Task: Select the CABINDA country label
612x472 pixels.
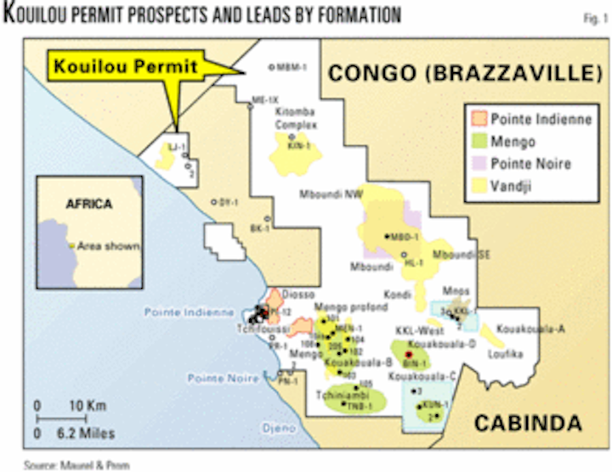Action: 528,422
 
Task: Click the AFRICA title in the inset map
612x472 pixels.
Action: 89,204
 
